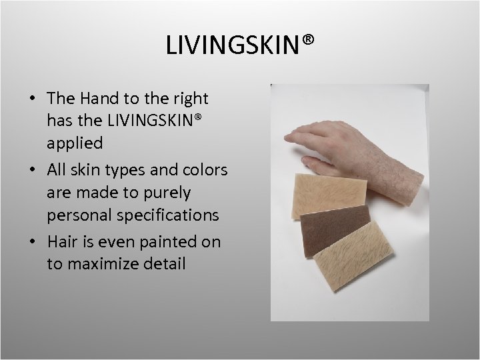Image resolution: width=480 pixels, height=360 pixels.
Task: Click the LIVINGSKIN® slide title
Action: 240,46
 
